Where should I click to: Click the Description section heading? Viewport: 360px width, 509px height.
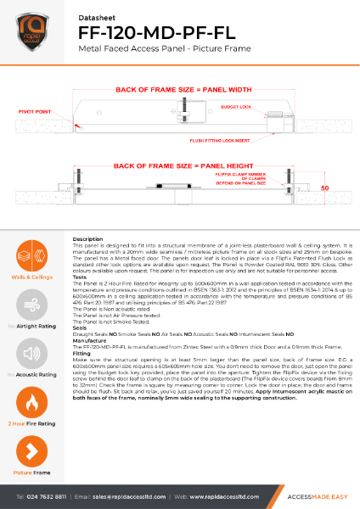tap(88, 240)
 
